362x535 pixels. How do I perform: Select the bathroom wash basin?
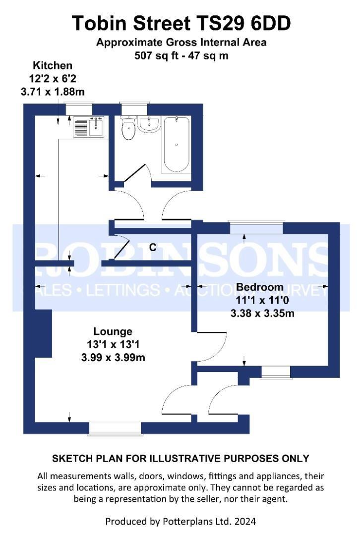(148, 125)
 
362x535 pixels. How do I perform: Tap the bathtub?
(176, 144)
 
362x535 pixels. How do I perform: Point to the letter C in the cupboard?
(153, 247)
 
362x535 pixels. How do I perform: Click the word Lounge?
(113, 331)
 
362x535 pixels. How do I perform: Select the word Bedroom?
(259, 287)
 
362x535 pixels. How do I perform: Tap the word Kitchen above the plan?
(53, 65)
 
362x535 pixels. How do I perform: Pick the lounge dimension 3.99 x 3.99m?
(113, 357)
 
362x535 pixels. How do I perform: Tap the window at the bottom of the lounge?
(114, 428)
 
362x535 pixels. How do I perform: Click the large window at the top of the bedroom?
(256, 228)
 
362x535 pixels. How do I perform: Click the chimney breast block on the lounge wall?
(43, 333)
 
